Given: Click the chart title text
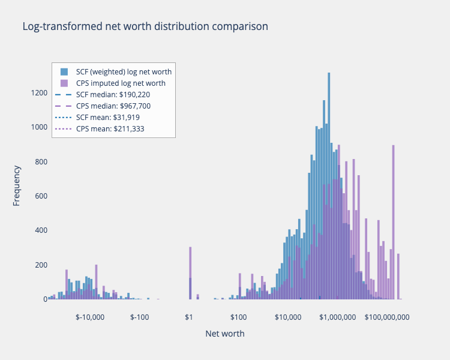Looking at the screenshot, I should [x=145, y=26].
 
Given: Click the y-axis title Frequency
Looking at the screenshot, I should [x=16, y=185].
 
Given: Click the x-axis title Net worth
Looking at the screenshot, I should [x=225, y=334].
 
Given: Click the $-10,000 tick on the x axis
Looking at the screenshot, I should [x=90, y=317].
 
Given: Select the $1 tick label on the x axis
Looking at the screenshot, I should [x=189, y=317].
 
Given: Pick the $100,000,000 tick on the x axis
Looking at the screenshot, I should [x=387, y=317].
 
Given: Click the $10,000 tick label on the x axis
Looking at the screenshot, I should [x=288, y=317].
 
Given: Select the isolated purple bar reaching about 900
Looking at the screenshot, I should [x=394, y=222].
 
